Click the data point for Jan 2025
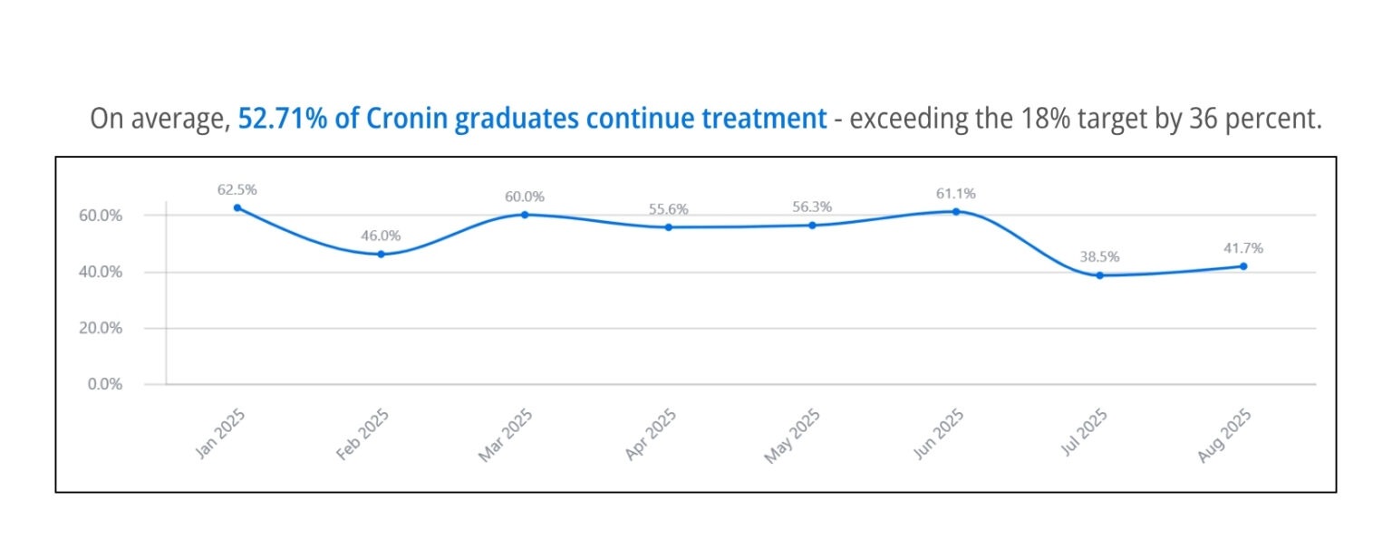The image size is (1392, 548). (237, 207)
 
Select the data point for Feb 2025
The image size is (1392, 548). (381, 255)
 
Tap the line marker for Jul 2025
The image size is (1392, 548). (1099, 275)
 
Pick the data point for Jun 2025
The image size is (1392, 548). (955, 211)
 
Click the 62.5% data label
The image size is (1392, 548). (237, 190)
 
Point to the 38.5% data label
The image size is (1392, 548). (1099, 257)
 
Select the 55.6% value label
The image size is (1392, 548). (669, 209)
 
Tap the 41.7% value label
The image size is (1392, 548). (1243, 248)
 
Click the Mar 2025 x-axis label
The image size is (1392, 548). (506, 436)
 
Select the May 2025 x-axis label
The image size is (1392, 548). (793, 436)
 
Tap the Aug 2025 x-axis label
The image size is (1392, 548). (1224, 436)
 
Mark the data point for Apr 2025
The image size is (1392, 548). (669, 227)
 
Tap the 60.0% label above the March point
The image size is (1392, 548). (525, 197)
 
